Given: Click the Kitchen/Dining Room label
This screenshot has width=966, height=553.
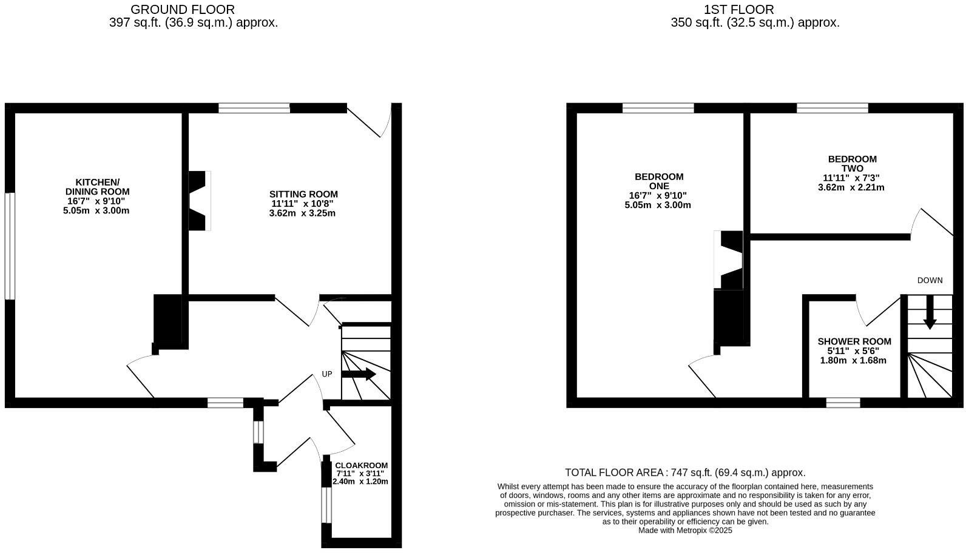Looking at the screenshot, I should point(97,187).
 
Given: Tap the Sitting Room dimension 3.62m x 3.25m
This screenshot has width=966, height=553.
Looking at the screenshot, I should point(302,213).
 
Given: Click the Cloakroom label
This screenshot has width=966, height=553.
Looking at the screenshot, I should point(361,466).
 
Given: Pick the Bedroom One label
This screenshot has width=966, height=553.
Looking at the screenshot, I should point(658,181).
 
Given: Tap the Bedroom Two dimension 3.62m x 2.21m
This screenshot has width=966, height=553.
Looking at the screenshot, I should point(851,187).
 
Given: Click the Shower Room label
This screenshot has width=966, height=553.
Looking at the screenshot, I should point(854,341).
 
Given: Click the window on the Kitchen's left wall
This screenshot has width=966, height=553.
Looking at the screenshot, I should point(10,246).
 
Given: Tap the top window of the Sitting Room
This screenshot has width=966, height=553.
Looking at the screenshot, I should point(254,109).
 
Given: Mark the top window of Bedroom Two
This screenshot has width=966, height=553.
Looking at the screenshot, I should point(832,109).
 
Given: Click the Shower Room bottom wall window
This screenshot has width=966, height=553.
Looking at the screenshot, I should point(843,403).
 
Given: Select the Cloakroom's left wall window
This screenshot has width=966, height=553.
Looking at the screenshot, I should point(326,505).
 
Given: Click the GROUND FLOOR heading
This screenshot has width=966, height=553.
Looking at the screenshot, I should point(182,10).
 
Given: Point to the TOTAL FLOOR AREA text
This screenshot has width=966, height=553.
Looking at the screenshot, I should point(685,472).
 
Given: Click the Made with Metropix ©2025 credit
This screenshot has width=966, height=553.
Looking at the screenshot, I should point(685,530).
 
